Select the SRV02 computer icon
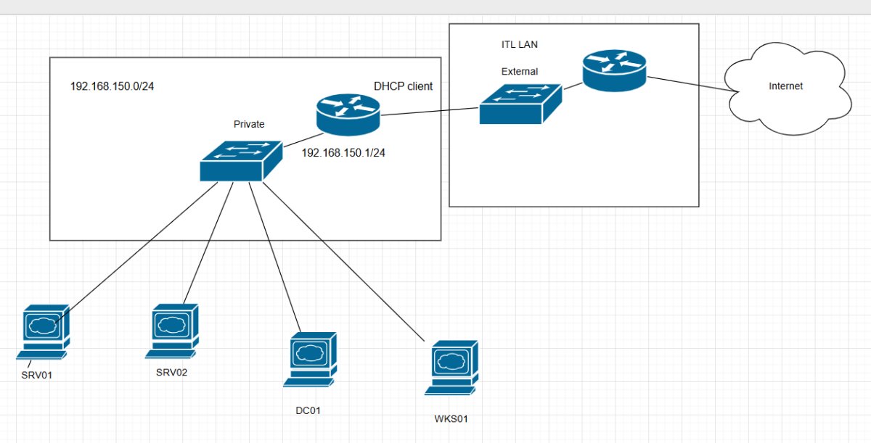(172, 330)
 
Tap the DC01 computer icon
(310, 358)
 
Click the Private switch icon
(240, 160)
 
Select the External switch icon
(520, 104)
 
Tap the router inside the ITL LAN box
(613, 71)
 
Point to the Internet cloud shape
(787, 88)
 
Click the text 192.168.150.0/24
(112, 86)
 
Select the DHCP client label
(403, 86)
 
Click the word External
(519, 72)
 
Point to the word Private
(249, 124)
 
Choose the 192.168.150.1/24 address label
(343, 153)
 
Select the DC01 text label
(308, 410)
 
